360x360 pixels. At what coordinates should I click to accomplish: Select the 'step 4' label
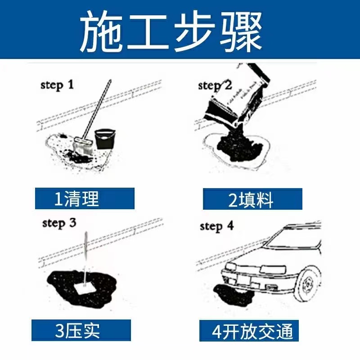tap(217, 226)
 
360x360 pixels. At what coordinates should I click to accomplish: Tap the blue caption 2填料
tap(252, 199)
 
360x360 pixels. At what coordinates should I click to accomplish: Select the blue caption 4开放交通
tap(252, 332)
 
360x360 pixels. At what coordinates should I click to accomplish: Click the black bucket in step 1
tap(104, 139)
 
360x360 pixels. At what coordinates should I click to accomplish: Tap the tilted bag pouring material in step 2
tap(238, 97)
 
